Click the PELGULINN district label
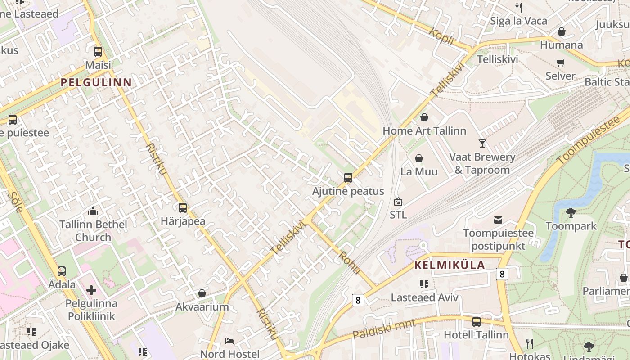(x=96, y=82)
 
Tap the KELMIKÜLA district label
(x=449, y=265)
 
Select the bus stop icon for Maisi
(x=98, y=52)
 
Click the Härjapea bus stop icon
(x=183, y=208)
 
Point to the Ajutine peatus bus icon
(x=348, y=178)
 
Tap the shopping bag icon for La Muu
(x=419, y=158)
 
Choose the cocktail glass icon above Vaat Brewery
(x=482, y=144)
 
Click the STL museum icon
(x=398, y=202)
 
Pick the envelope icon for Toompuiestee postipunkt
(x=498, y=220)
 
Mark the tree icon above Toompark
(x=571, y=212)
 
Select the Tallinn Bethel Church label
(x=93, y=230)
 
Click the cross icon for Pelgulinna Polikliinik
(x=91, y=290)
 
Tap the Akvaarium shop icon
(x=202, y=293)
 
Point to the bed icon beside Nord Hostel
(x=229, y=341)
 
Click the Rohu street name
(x=350, y=262)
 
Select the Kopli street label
(x=441, y=36)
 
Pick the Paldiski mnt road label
(x=378, y=329)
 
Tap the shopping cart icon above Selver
(x=560, y=63)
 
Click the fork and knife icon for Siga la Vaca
(x=518, y=7)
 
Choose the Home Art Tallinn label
(x=424, y=131)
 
